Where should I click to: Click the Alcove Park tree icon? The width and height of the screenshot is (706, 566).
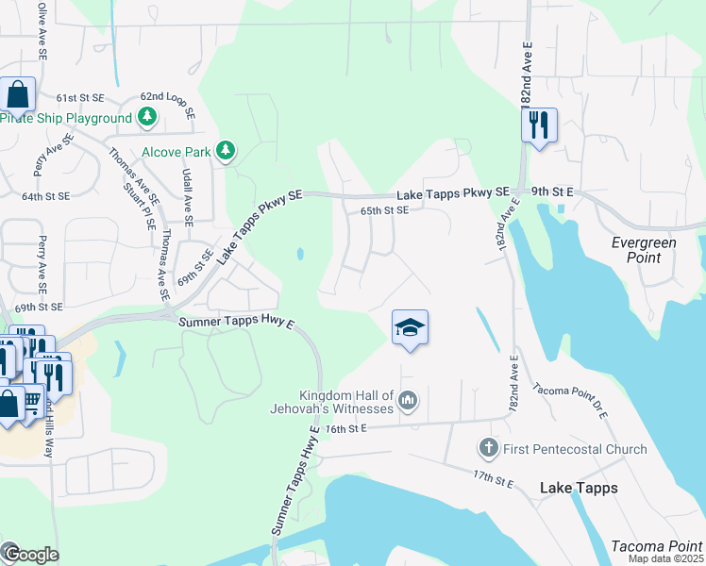(x=225, y=151)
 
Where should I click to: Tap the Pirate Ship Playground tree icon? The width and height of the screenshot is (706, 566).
(x=146, y=118)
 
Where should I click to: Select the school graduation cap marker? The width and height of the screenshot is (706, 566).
(x=410, y=328)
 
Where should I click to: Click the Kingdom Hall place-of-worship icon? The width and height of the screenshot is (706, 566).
(x=408, y=401)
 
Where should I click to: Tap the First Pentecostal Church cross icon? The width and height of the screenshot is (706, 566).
(x=488, y=448)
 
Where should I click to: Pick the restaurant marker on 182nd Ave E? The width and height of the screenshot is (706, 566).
(x=539, y=125)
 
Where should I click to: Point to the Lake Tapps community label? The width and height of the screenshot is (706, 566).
(x=579, y=488)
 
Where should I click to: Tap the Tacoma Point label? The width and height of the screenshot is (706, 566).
(x=656, y=546)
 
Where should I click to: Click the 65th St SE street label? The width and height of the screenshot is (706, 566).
(x=384, y=211)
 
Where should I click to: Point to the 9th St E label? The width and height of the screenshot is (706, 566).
(x=552, y=192)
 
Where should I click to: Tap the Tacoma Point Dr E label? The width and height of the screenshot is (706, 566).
(x=571, y=402)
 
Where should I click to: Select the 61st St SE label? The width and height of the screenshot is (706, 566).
(x=79, y=98)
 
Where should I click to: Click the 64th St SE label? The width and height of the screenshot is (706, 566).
(x=46, y=196)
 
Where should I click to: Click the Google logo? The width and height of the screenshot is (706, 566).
(x=30, y=555)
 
